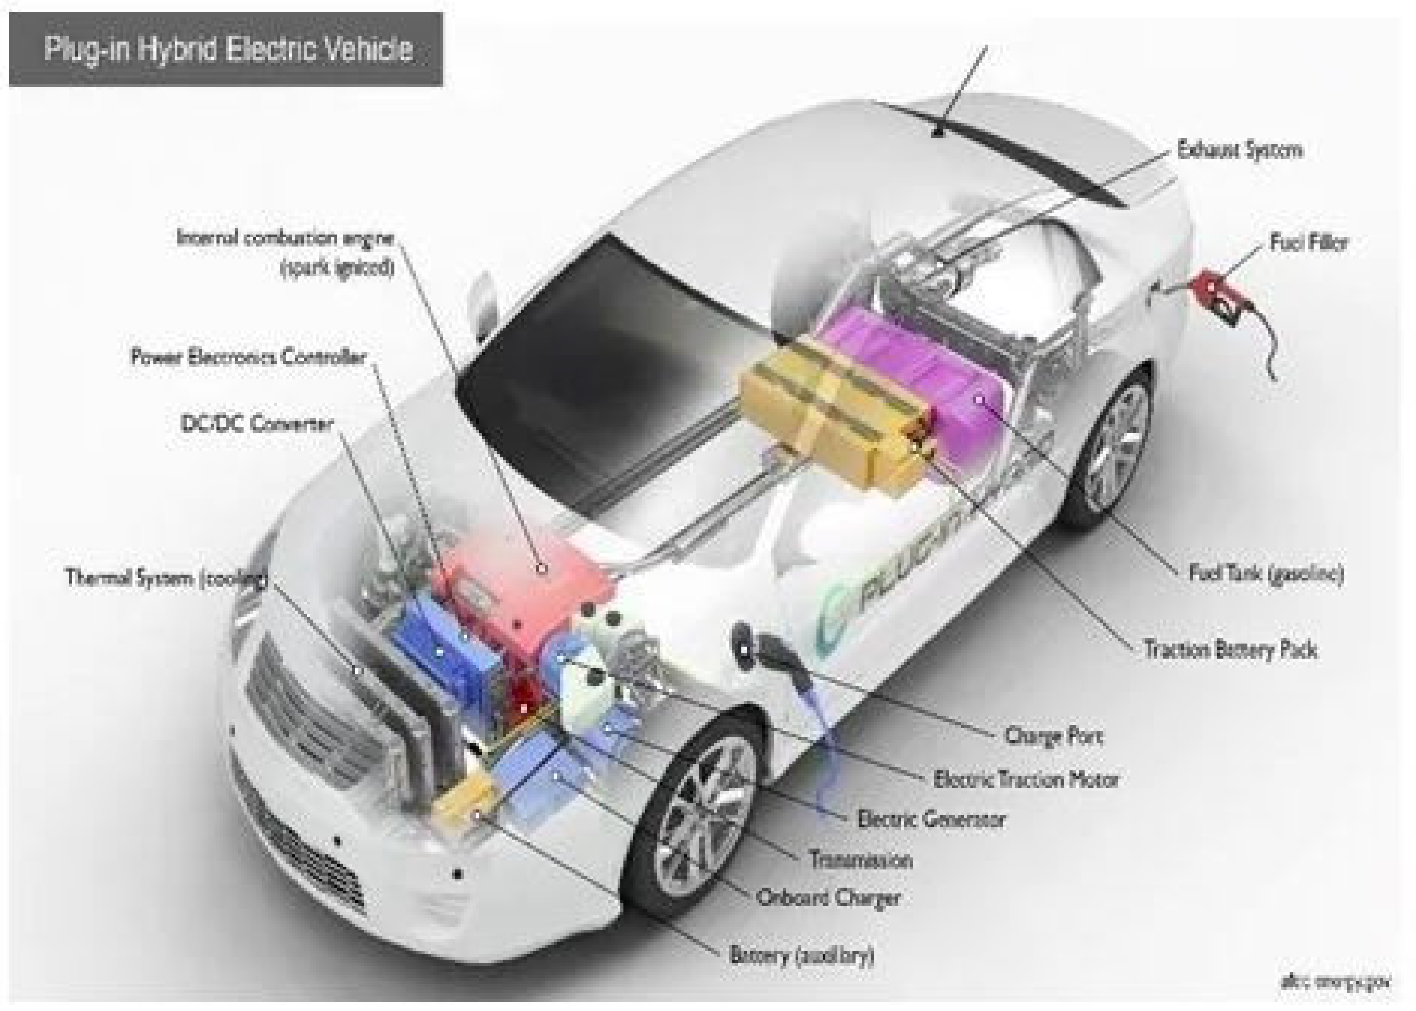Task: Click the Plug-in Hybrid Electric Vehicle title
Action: pos(228,49)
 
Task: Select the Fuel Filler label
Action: pos(1308,243)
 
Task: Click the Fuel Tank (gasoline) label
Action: pos(1266,573)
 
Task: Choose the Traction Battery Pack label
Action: pos(1230,650)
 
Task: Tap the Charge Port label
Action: pos(1053,736)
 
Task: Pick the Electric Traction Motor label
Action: pos(1025,779)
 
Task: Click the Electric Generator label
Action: pos(931,819)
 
